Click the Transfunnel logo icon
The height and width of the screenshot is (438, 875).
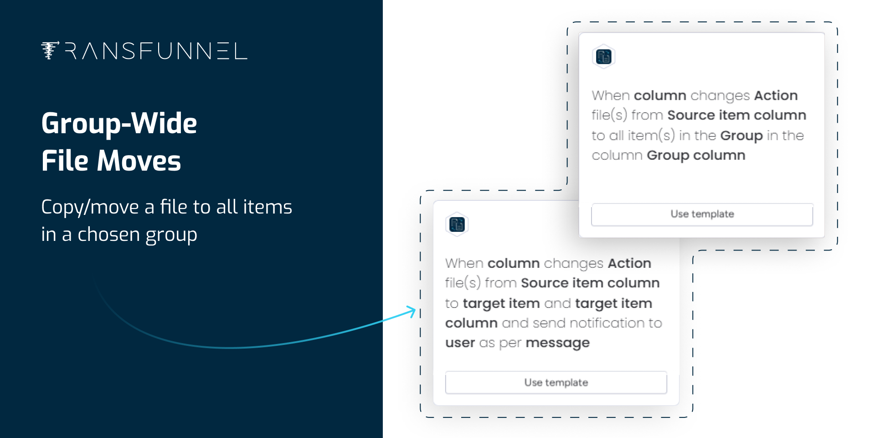[50, 51]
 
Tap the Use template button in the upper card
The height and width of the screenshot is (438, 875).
[702, 214]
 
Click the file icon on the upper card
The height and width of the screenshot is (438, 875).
[604, 57]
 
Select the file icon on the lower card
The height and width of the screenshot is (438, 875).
[457, 224]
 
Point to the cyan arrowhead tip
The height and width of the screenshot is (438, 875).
[416, 311]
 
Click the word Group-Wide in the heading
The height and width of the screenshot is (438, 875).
[119, 123]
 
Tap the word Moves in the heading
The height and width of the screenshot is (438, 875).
[139, 161]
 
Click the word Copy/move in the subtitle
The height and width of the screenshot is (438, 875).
[90, 207]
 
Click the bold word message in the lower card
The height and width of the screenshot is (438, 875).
[557, 343]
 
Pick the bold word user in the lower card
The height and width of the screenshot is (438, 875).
[460, 343]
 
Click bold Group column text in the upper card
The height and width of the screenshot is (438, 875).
[696, 156]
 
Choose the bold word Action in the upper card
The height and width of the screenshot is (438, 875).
[776, 95]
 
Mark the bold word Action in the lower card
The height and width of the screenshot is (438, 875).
[629, 263]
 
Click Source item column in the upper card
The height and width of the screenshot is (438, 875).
[736, 115]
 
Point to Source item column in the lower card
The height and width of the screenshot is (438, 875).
[590, 283]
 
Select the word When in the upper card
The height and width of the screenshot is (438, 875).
[611, 95]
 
